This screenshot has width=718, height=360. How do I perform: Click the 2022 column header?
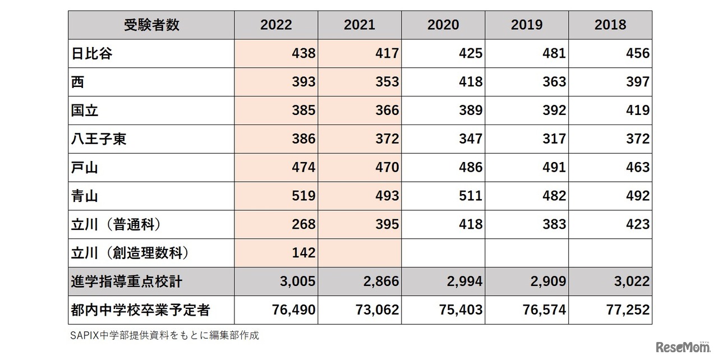[276, 25]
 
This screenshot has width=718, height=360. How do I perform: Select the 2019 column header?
[527, 25]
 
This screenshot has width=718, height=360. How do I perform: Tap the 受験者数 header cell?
[151, 25]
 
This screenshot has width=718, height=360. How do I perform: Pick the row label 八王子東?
[99, 139]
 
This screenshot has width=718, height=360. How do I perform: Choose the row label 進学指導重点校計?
[127, 281]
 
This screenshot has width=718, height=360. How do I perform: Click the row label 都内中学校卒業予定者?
[136, 310]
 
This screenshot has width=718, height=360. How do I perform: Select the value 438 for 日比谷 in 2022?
[303, 54]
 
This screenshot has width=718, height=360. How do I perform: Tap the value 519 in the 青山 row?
[303, 196]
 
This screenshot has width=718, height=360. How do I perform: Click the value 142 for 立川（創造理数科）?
[303, 253]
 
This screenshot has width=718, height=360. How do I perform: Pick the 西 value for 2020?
[470, 82]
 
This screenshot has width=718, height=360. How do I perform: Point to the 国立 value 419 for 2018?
[637, 110]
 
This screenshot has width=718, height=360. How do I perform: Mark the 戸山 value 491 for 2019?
[554, 168]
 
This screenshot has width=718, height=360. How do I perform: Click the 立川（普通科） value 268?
[303, 224]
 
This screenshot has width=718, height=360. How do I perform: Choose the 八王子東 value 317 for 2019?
[554, 139]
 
